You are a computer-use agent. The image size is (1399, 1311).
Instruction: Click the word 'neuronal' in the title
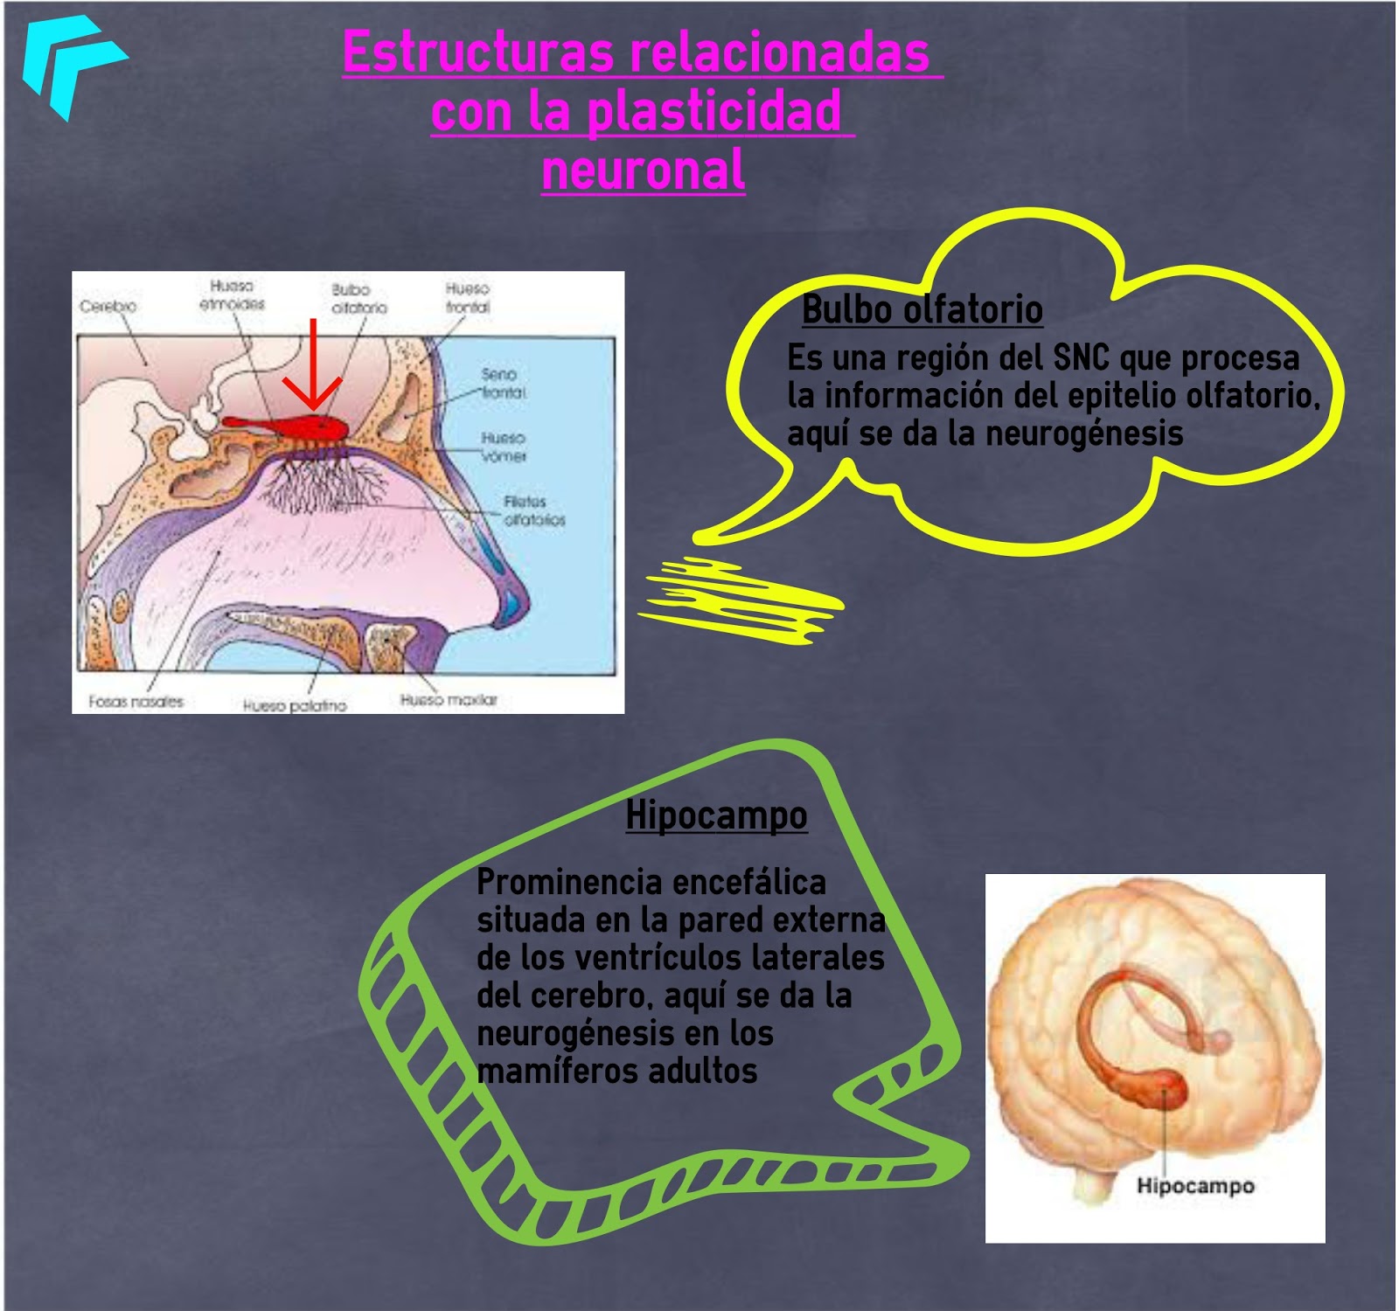tap(644, 170)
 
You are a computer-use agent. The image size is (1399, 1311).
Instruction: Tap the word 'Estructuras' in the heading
tap(477, 52)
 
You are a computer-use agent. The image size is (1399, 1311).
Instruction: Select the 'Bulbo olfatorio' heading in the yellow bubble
tap(922, 309)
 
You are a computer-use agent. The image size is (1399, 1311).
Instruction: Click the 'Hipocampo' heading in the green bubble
tap(716, 815)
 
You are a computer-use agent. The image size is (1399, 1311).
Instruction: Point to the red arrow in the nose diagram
tap(312, 367)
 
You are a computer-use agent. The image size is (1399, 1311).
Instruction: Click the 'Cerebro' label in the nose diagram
tap(108, 306)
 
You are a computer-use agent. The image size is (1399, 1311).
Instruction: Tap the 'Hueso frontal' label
tap(468, 298)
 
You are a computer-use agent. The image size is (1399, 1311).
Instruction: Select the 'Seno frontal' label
tap(503, 384)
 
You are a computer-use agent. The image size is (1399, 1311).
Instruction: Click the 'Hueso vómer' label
tap(503, 447)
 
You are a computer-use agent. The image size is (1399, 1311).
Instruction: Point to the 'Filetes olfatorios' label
tap(533, 510)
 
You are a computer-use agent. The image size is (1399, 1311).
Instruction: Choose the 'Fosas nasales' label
tap(136, 701)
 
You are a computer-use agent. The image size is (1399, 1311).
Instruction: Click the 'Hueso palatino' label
tap(295, 704)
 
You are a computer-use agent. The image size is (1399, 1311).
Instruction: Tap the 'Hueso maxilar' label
tap(449, 699)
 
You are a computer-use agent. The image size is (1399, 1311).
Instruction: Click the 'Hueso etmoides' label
tap(232, 295)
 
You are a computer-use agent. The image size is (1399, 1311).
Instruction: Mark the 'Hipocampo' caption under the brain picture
tap(1195, 1186)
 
